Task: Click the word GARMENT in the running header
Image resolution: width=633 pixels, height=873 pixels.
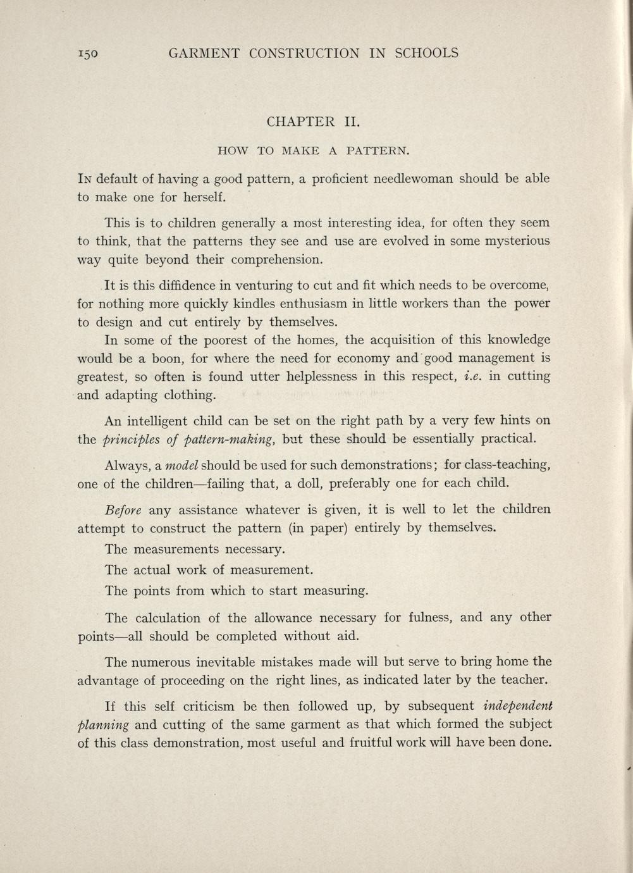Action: click(204, 53)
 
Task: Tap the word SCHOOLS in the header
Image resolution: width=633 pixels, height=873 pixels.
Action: click(426, 53)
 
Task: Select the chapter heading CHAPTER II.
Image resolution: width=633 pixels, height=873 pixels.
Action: click(314, 121)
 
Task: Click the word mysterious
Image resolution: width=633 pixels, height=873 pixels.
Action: click(510, 241)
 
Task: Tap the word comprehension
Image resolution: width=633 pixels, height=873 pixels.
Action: click(277, 259)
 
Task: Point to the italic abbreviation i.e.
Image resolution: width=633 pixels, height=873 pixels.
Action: click(473, 376)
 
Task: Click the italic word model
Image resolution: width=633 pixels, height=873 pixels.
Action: click(182, 466)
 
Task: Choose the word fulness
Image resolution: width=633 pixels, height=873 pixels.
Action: click(430, 617)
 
